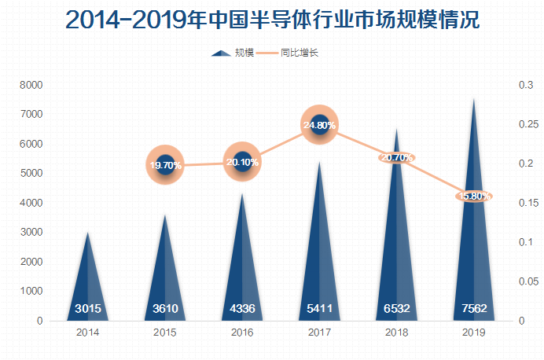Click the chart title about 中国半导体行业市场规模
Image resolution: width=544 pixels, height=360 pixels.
coord(272,20)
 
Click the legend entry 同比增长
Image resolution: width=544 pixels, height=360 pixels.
coord(299,53)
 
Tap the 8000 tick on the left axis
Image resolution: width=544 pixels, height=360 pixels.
coord(32,85)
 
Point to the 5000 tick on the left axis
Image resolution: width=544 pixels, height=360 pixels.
coord(32,174)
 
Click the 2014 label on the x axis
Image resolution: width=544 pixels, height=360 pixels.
coord(88,333)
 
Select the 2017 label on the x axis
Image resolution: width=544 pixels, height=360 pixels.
coord(319,333)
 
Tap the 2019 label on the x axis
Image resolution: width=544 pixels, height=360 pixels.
coord(474,333)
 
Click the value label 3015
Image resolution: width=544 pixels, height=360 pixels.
coord(88,308)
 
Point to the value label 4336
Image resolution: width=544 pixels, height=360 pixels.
coord(242,308)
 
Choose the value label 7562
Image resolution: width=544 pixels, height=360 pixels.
coord(474,308)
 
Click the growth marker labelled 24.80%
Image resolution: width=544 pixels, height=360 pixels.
coord(319,125)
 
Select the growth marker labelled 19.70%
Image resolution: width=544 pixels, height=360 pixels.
coord(165,165)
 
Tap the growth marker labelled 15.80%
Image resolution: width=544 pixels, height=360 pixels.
coord(474,196)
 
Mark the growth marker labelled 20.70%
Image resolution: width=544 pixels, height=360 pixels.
coord(396,157)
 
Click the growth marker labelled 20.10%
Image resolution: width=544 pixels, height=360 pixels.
coord(242,162)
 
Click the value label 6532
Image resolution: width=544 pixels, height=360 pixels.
coord(396,308)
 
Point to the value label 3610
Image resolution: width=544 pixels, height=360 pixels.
coord(165,308)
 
